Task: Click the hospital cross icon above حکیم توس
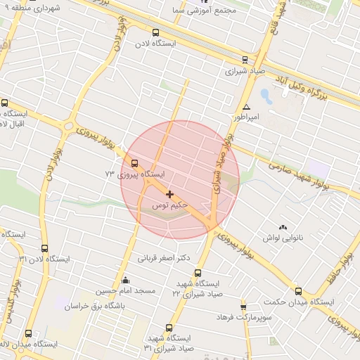pyautogui.click(x=169, y=193)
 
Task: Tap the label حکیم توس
pyautogui.click(x=170, y=205)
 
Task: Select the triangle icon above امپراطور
pyautogui.click(x=247, y=108)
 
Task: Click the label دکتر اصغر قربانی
pyautogui.click(x=163, y=257)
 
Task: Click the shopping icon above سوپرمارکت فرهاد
pyautogui.click(x=243, y=307)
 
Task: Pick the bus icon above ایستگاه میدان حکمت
pyautogui.click(x=298, y=291)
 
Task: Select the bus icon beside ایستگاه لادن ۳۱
pyautogui.click(x=45, y=248)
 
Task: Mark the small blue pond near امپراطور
pyautogui.click(x=266, y=94)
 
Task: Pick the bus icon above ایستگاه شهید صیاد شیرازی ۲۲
pyautogui.click(x=198, y=273)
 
